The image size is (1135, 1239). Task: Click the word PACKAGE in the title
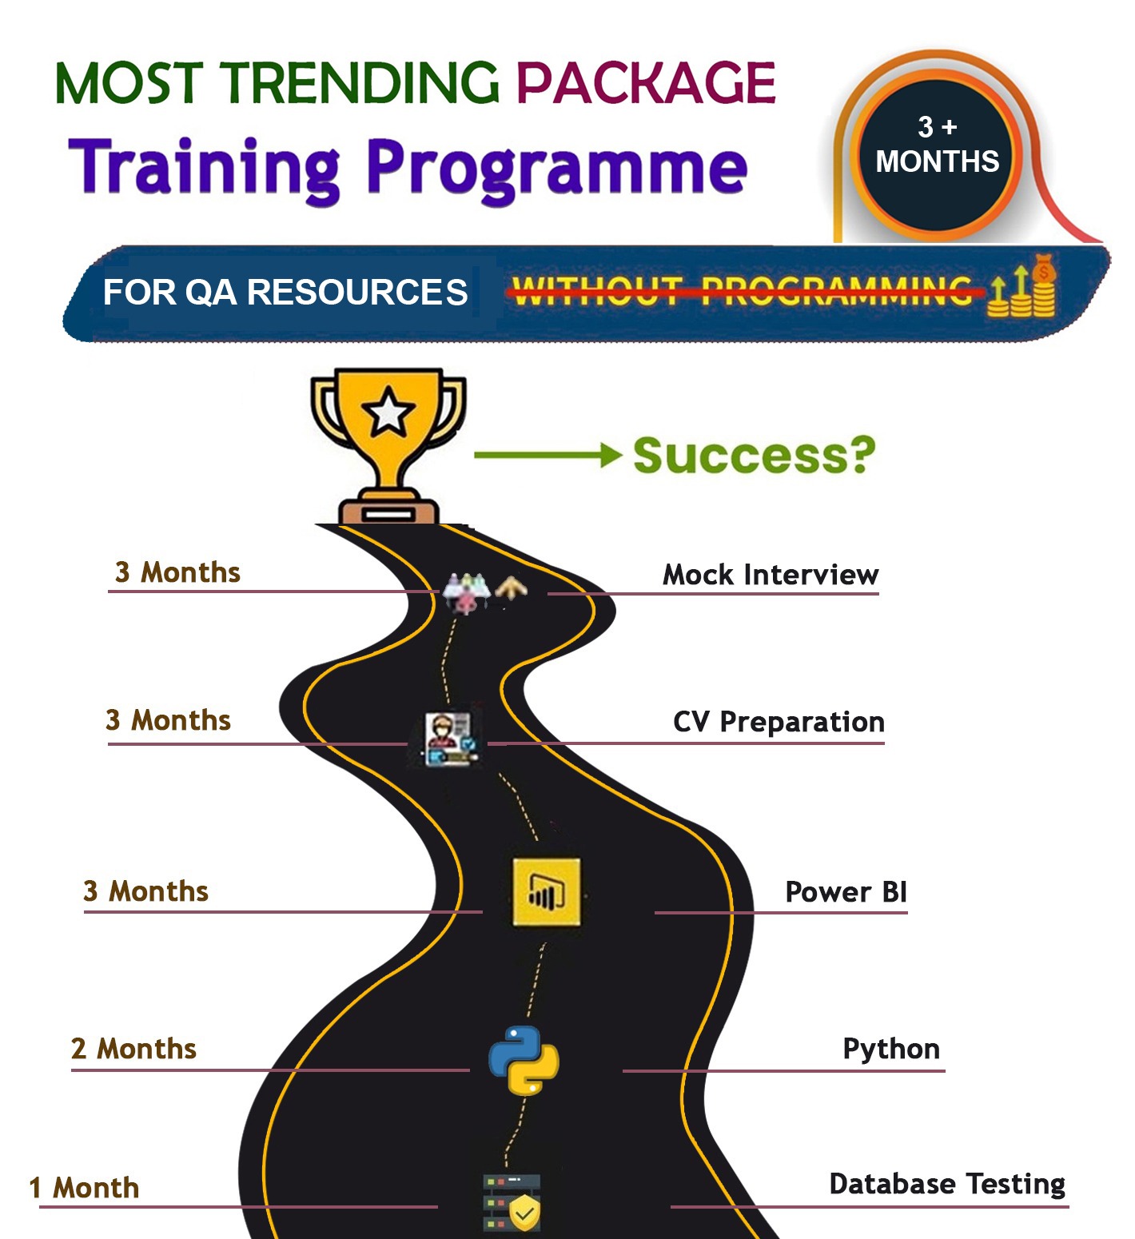(x=646, y=82)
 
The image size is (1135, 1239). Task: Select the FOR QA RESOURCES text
(x=285, y=293)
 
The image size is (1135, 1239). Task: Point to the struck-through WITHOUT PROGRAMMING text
(x=741, y=291)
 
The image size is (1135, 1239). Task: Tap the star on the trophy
(x=388, y=412)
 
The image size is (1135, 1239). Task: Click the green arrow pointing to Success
(x=548, y=456)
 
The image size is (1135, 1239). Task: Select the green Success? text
(x=754, y=456)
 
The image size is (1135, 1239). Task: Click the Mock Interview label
(x=771, y=575)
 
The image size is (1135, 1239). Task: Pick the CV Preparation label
(x=779, y=722)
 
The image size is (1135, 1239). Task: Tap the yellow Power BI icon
(x=547, y=892)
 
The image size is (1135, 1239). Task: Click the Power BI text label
(x=846, y=892)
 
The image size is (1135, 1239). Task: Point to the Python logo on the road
(x=524, y=1060)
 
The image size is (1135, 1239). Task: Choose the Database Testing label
(x=947, y=1184)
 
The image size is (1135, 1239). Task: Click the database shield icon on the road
(x=512, y=1202)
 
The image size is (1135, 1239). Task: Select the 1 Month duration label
(x=84, y=1188)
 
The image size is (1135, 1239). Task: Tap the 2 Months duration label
(x=133, y=1049)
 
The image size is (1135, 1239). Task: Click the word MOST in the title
(x=129, y=82)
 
